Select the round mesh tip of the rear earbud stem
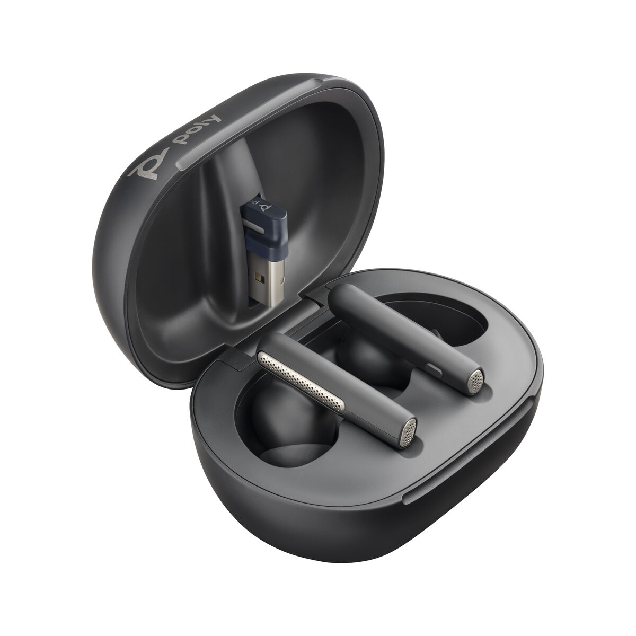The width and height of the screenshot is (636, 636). (x=476, y=378)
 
